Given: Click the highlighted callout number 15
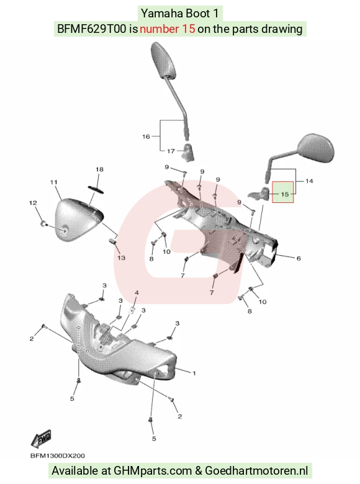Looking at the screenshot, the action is (285, 194).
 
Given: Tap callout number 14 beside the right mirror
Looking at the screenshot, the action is (309, 181).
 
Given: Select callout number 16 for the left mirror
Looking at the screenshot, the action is (146, 137).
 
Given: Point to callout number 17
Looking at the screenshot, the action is (171, 151).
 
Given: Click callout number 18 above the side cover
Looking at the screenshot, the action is (99, 169).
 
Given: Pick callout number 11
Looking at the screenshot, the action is (54, 182).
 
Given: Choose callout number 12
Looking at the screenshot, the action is (33, 203).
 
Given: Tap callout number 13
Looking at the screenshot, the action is (121, 258).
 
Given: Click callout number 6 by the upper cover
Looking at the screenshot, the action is (299, 258).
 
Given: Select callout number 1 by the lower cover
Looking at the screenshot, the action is (194, 373).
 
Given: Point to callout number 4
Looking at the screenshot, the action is (137, 293).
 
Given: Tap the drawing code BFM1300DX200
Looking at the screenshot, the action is (58, 455).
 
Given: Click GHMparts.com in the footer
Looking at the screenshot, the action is (153, 471).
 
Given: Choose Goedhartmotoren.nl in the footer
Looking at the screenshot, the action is (256, 471).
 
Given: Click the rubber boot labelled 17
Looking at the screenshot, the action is (187, 152).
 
